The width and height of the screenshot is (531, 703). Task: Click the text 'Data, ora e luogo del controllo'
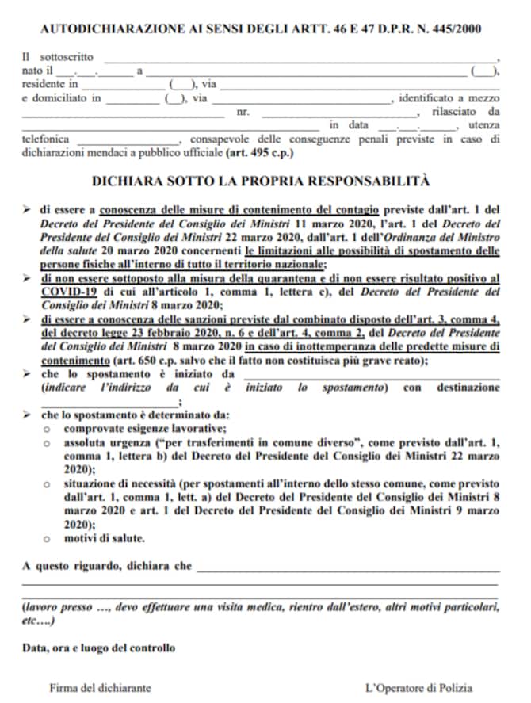[99, 648]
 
